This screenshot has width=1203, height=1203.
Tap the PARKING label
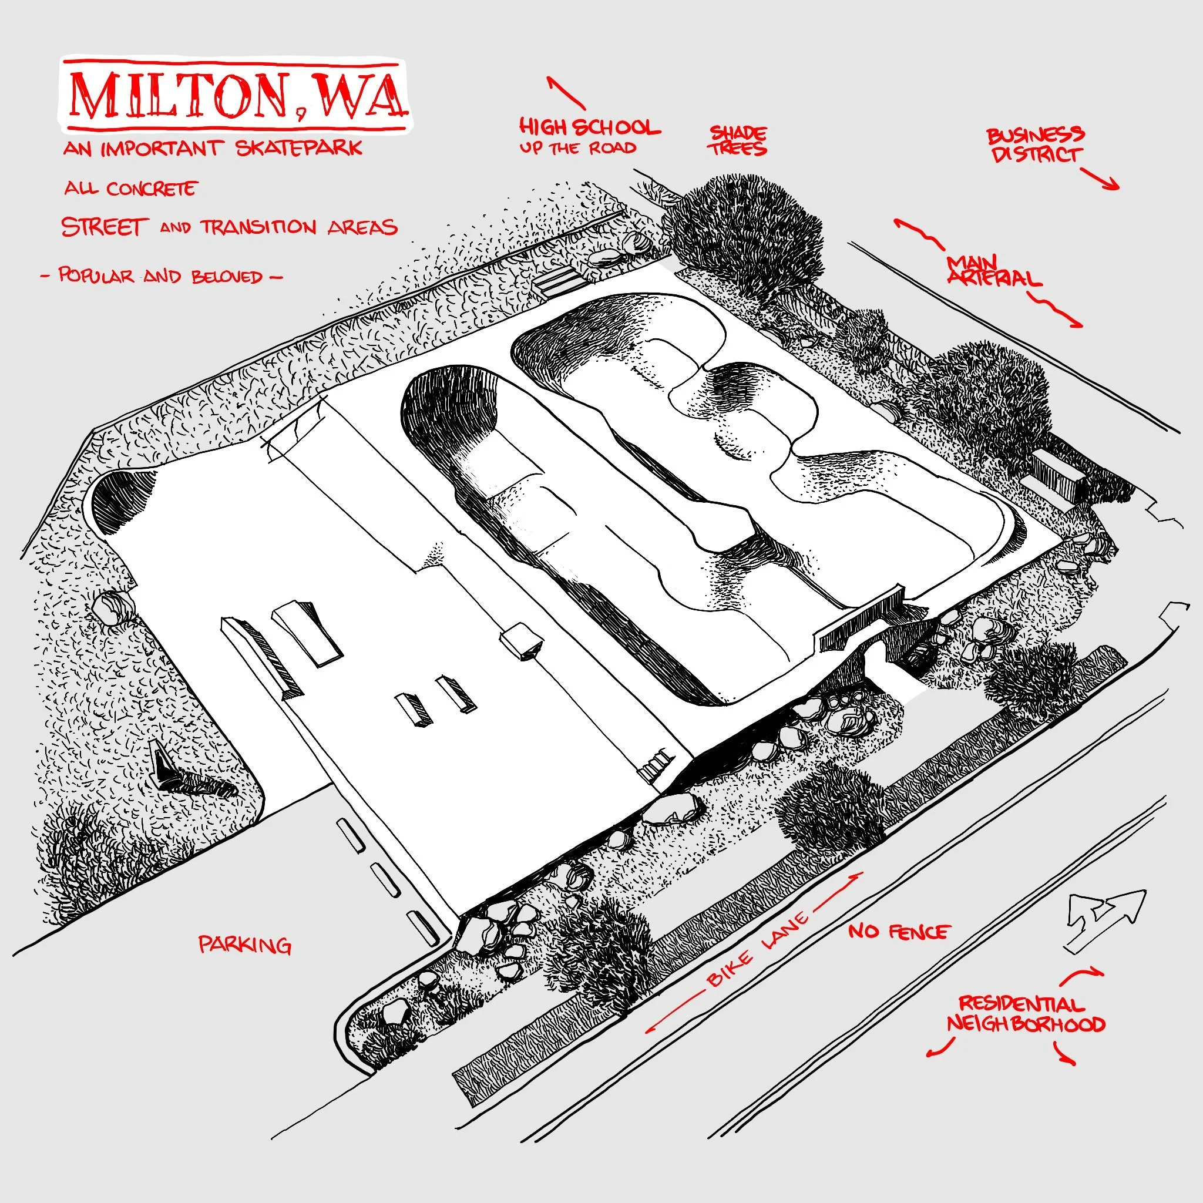(245, 945)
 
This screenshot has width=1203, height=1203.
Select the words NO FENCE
(899, 932)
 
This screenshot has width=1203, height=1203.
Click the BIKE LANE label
(757, 951)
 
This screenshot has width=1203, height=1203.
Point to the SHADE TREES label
(738, 141)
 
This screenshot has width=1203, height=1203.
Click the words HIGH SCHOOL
(589, 128)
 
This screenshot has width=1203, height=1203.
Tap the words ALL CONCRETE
(130, 189)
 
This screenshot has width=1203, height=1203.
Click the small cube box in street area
(521, 641)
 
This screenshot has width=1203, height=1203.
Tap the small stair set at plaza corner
(657, 767)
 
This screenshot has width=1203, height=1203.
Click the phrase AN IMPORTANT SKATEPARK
(212, 148)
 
